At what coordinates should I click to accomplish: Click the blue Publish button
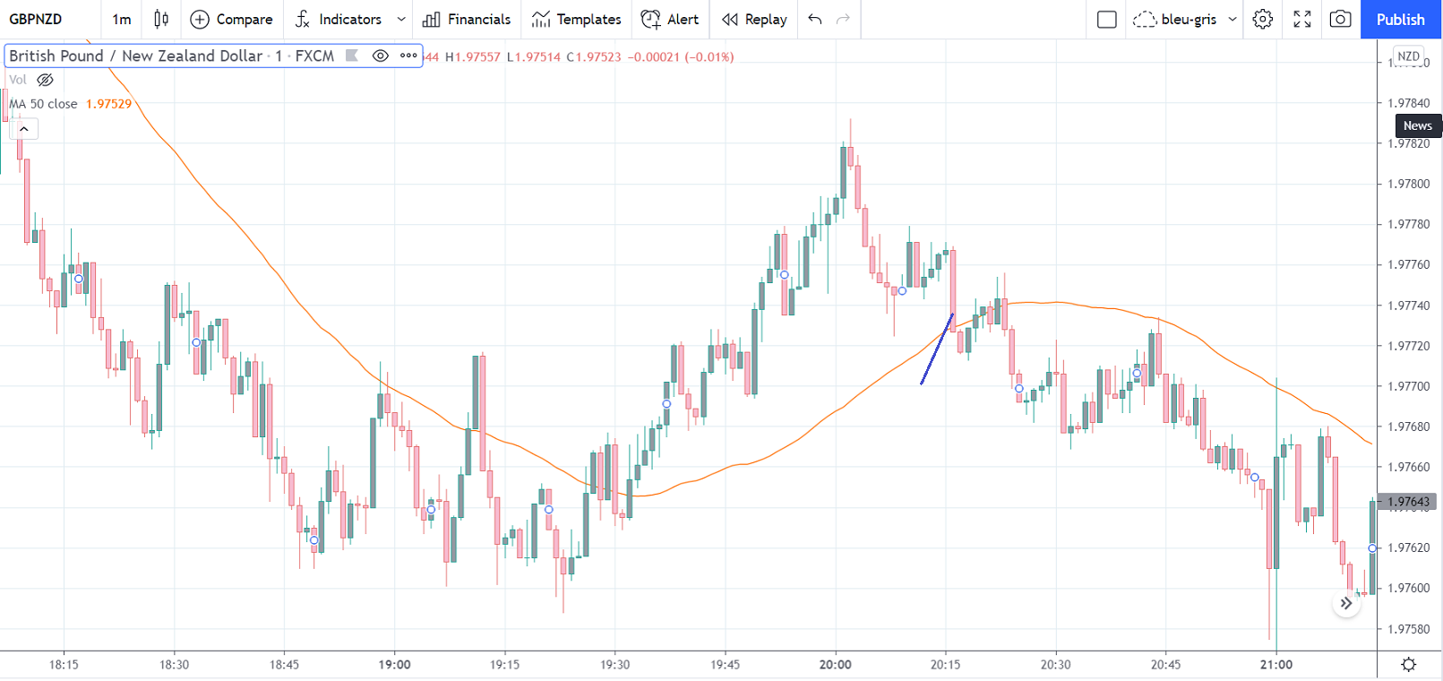1400,19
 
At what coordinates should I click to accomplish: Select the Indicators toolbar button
339,19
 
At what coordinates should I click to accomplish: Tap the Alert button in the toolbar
670,19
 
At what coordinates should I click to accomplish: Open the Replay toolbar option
754,19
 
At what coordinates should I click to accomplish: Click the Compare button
231,19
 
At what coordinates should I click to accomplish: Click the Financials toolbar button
467,19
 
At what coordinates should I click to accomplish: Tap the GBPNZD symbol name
36,19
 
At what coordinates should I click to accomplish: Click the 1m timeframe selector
121,19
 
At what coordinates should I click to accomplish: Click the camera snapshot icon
1340,19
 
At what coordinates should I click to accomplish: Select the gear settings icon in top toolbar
1262,19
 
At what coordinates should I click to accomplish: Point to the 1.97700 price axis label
1408,386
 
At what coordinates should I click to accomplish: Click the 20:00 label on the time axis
835,665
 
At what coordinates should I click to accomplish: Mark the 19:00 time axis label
394,665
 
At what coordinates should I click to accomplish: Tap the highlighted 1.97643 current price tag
1408,502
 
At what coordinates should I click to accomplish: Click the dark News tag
1417,125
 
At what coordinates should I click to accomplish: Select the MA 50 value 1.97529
108,104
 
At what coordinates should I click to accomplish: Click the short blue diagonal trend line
937,349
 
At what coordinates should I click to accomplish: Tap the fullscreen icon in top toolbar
1302,19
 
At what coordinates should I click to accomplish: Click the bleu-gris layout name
1188,19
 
